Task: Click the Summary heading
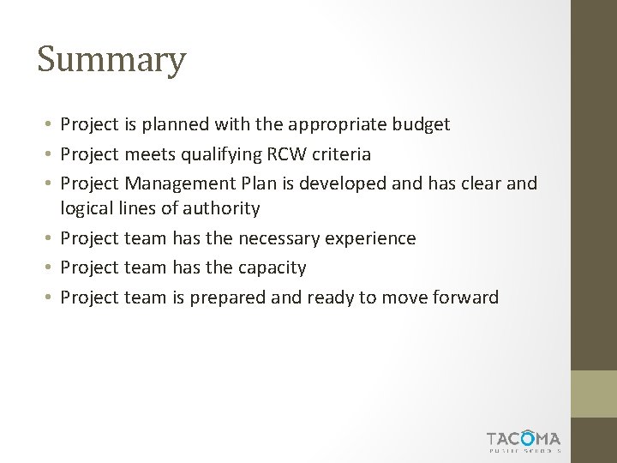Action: [111, 60]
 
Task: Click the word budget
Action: [420, 125]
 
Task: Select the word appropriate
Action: [337, 125]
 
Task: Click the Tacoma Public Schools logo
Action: [524, 440]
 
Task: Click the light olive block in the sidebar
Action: [594, 394]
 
